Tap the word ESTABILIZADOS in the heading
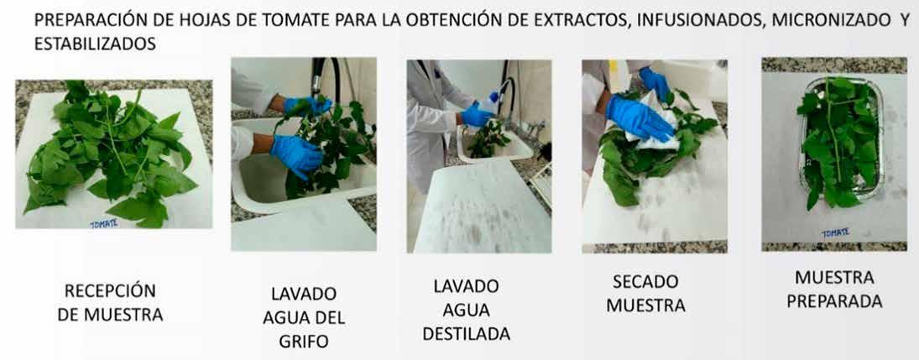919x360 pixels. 95,44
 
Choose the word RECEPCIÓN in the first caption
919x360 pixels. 110,291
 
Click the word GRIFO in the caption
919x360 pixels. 304,342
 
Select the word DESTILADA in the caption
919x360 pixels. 466,334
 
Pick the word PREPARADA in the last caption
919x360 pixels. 834,301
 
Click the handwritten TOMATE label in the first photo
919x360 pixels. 104,223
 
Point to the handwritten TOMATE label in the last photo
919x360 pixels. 836,232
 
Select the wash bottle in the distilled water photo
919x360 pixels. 488,106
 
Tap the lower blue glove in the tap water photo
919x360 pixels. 296,154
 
